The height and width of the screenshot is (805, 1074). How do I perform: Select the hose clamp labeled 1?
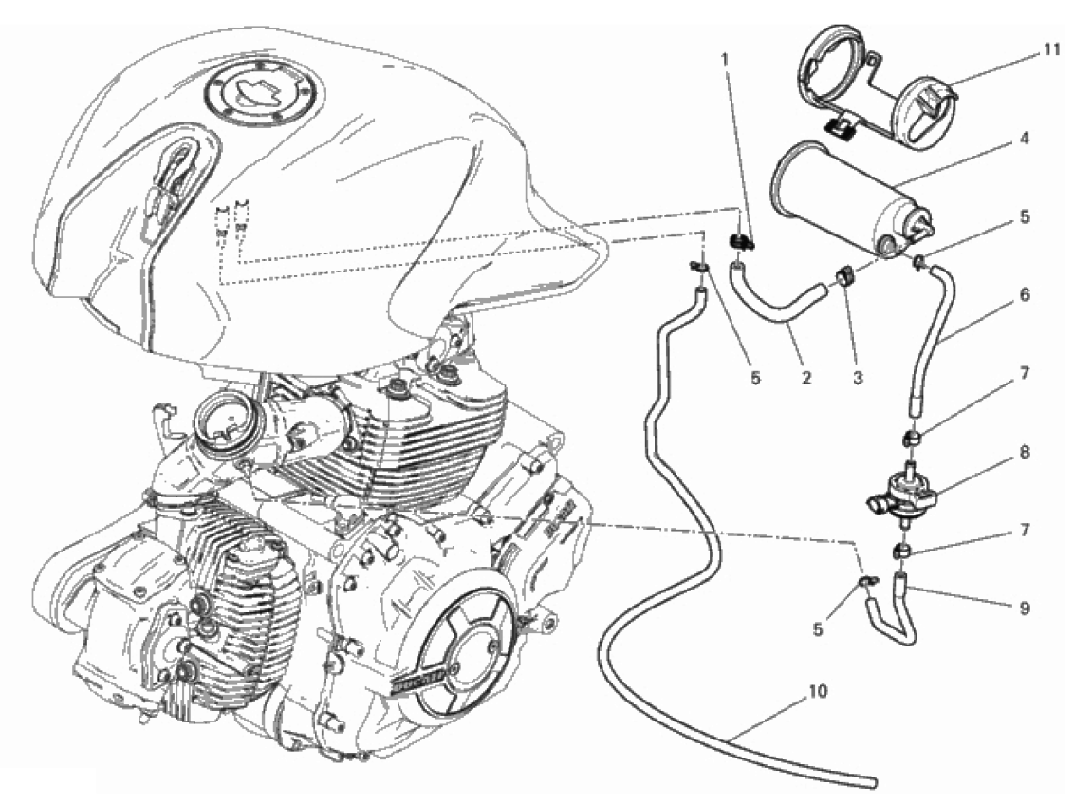click(x=741, y=245)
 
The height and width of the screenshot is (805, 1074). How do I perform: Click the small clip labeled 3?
click(x=843, y=278)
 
